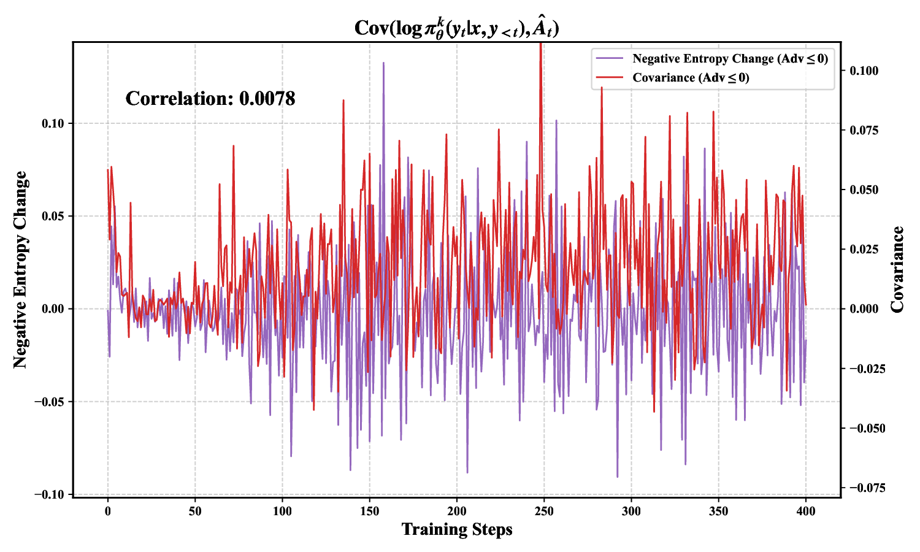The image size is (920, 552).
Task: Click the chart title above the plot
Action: point(457,28)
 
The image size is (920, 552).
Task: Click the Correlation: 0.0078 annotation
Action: point(210,99)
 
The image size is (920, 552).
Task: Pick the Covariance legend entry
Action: point(691,78)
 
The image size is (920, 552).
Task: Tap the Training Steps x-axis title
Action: point(457,529)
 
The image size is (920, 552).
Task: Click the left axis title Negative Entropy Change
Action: point(21,270)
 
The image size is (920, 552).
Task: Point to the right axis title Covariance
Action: point(898,270)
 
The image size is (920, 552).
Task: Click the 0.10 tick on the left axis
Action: point(53,123)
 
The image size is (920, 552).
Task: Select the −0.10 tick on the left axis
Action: point(49,495)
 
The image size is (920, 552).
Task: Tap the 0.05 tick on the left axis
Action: point(53,216)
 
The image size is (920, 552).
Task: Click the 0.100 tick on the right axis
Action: point(864,71)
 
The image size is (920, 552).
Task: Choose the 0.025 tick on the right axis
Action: point(864,250)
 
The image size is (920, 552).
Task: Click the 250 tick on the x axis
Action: point(544,511)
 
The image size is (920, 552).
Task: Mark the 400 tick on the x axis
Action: point(806,511)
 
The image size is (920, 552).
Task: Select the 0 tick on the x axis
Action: point(108,511)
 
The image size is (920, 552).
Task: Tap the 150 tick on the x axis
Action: point(369,511)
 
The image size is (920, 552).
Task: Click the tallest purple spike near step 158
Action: point(383,63)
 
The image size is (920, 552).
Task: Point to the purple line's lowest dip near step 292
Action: point(617,476)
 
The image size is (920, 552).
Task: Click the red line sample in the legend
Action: point(610,78)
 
